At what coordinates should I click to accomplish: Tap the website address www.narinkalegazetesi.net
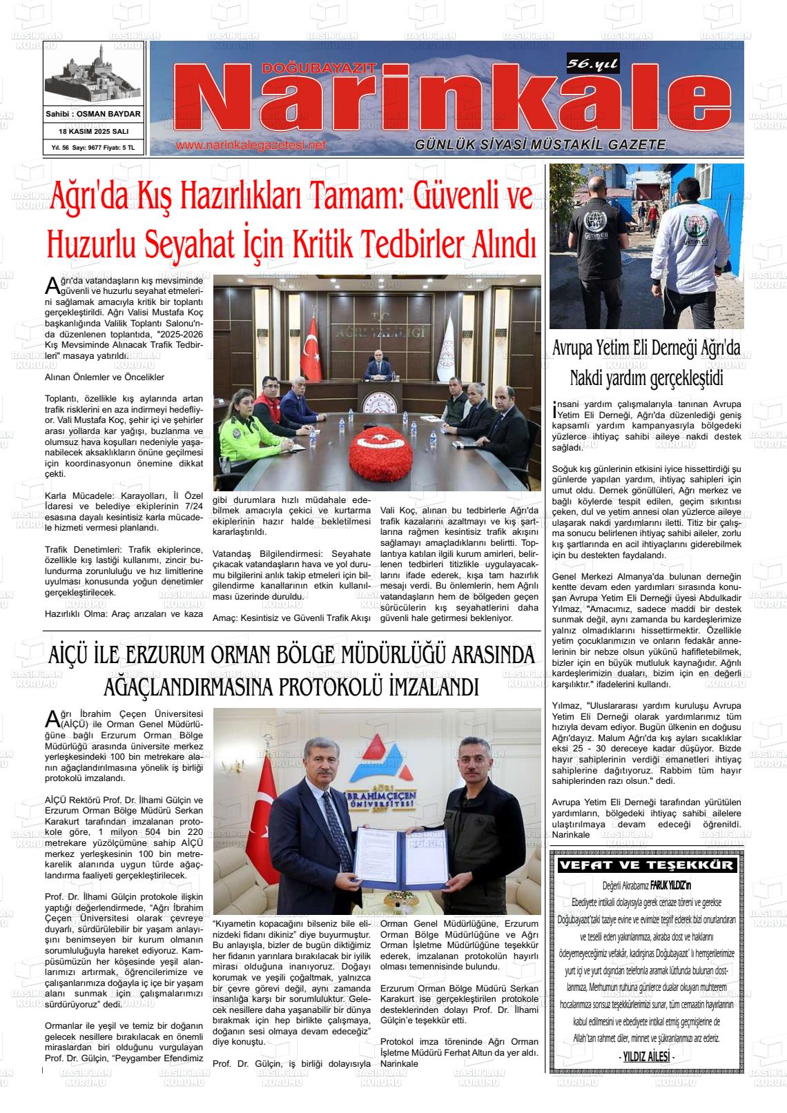[x=251, y=146]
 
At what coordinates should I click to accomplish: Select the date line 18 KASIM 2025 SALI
[x=93, y=131]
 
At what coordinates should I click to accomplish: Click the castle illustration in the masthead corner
[x=93, y=75]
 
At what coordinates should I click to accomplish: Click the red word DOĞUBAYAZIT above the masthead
[x=319, y=68]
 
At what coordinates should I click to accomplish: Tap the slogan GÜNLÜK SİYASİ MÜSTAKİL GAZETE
[x=540, y=145]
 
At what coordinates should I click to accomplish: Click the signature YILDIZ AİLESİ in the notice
[x=646, y=1058]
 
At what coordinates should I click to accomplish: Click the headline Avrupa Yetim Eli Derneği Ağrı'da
[x=646, y=349]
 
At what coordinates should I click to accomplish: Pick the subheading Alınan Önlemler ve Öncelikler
[x=104, y=377]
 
